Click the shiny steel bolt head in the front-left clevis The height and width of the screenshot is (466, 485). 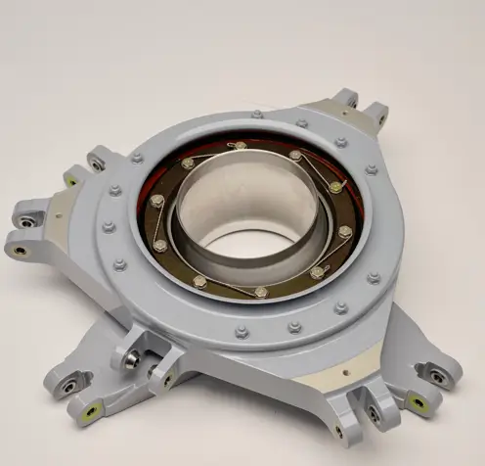130,358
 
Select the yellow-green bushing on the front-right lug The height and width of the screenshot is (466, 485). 418,401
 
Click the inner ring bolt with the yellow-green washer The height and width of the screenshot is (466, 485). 334,186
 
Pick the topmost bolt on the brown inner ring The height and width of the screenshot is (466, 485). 241,146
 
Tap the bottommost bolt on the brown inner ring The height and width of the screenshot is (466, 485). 260,292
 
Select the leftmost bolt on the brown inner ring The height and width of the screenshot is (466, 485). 157,201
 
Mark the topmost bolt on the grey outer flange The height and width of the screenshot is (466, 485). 256,115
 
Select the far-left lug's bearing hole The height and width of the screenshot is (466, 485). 20,250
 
